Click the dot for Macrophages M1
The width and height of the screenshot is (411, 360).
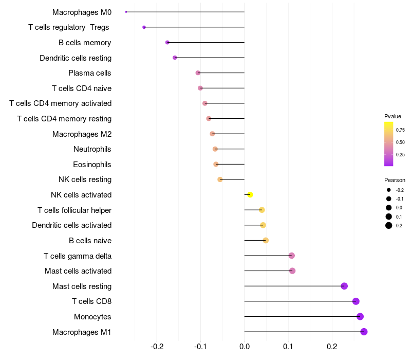364,332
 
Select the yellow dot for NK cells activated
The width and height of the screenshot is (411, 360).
250,195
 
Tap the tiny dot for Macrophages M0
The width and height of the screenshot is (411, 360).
126,12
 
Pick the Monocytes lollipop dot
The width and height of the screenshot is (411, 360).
360,316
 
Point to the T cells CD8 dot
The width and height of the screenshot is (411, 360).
356,301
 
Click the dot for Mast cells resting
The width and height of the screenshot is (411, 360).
344,286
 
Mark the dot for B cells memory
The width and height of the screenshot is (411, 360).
167,42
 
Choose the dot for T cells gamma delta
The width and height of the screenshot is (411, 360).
291,256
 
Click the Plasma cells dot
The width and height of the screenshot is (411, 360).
198,73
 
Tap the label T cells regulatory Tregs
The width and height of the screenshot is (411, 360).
69,27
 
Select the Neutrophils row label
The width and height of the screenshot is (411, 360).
92,149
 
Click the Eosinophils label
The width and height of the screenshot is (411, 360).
92,165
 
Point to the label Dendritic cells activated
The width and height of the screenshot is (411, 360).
72,225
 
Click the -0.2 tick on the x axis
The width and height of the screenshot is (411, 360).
157,347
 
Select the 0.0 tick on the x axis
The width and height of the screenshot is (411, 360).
245,347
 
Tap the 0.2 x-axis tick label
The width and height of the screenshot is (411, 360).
332,347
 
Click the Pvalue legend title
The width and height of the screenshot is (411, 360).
393,116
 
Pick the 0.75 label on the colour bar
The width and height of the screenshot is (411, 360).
400,130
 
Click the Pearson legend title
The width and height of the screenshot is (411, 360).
395,180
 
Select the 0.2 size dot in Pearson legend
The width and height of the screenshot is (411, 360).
389,225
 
